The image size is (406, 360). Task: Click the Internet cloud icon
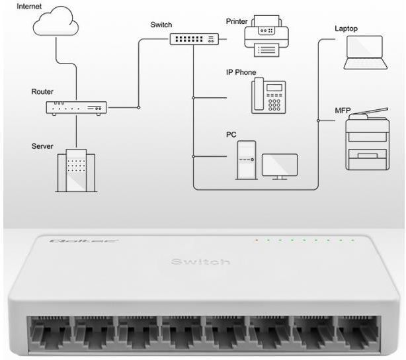pyautogui.click(x=56, y=21)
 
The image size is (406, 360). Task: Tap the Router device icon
pyautogui.click(x=76, y=108)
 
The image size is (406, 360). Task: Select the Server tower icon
pyautogui.click(x=76, y=170)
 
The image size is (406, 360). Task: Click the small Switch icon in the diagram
pyautogui.click(x=194, y=39)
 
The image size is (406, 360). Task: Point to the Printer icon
pyautogui.click(x=266, y=36)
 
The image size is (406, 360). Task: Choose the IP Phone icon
pyautogui.click(x=268, y=96)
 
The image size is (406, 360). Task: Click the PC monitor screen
pyautogui.click(x=280, y=166)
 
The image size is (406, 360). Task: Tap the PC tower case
pyautogui.click(x=246, y=160)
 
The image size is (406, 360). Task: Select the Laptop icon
pyautogui.click(x=366, y=53)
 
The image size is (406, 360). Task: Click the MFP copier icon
pyautogui.click(x=368, y=139)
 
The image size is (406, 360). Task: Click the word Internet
pyautogui.click(x=29, y=6)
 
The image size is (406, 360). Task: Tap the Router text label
pyautogui.click(x=42, y=91)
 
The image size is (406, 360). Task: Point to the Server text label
pyautogui.click(x=42, y=146)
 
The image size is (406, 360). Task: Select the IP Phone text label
pyautogui.click(x=241, y=72)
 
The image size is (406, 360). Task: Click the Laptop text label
pyautogui.click(x=346, y=28)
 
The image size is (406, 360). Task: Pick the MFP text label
pyautogui.click(x=343, y=111)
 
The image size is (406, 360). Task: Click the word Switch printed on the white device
pyautogui.click(x=200, y=261)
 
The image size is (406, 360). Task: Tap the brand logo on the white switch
pyautogui.click(x=83, y=241)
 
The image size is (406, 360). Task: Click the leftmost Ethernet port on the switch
pyautogui.click(x=50, y=334)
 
